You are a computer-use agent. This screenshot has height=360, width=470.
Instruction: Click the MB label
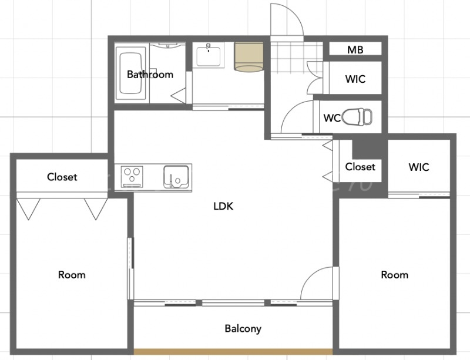pyautogui.click(x=355, y=49)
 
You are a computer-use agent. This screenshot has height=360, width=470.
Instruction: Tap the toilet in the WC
pyautogui.click(x=357, y=116)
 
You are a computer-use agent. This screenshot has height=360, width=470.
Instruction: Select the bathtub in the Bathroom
pyautogui.click(x=130, y=73)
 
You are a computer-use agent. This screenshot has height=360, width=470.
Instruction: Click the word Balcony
pyautogui.click(x=243, y=328)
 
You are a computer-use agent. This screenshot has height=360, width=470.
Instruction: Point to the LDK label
pyautogui.click(x=223, y=206)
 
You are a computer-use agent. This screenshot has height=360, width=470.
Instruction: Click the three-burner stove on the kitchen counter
pyautogui.click(x=132, y=177)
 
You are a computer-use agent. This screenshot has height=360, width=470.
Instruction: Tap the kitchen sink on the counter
pyautogui.click(x=176, y=177)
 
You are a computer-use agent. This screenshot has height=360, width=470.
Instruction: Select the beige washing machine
pyautogui.click(x=249, y=57)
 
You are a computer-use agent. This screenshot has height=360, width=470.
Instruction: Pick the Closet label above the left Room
pyautogui.click(x=62, y=177)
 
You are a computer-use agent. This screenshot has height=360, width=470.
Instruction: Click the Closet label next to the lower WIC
pyautogui.click(x=360, y=167)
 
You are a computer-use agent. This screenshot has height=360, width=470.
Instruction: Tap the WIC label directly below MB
pyautogui.click(x=355, y=79)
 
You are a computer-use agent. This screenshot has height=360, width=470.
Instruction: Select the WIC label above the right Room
pyautogui.click(x=418, y=167)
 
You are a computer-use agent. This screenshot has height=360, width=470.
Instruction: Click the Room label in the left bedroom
pyautogui.click(x=72, y=275)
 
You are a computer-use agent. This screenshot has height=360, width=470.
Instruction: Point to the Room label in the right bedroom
pyautogui.click(x=394, y=275)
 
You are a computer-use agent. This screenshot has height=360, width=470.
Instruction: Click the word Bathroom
pyautogui.click(x=150, y=74)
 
